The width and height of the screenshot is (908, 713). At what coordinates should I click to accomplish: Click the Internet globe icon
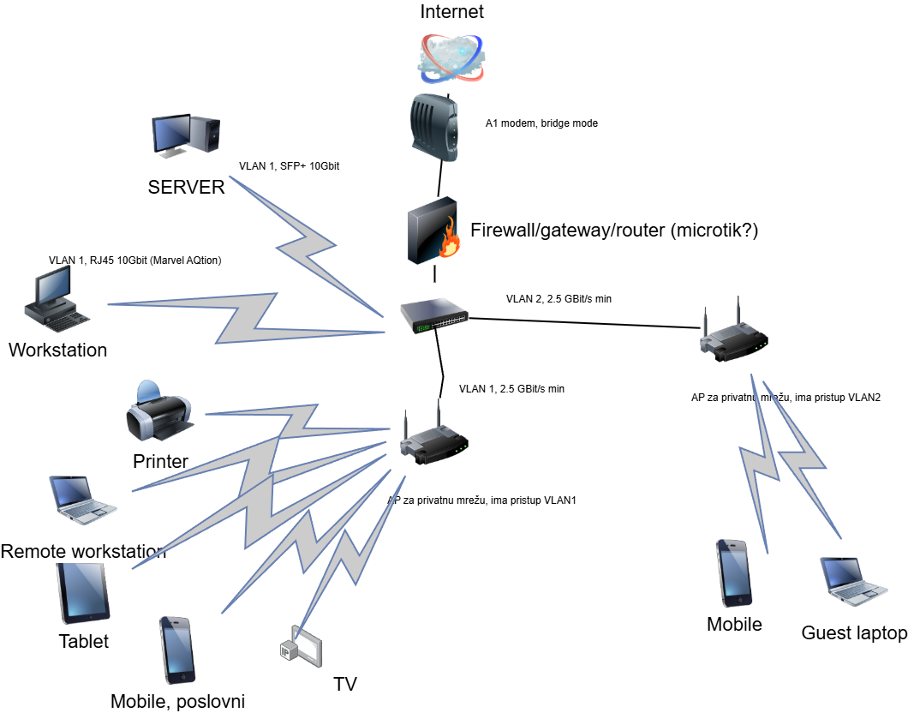coord(451,57)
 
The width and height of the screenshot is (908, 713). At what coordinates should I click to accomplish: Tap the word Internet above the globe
coord(451,11)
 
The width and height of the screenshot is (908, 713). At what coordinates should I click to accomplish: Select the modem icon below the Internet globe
coord(434,128)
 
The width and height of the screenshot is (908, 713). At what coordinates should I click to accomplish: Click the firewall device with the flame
coord(434,230)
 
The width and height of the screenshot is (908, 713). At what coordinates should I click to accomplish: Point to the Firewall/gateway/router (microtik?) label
coord(614,230)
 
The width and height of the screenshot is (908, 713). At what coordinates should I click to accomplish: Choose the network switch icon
coord(434,315)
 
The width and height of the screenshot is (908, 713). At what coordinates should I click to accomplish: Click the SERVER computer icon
coord(186,136)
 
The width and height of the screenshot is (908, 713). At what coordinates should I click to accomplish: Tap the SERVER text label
coord(186,188)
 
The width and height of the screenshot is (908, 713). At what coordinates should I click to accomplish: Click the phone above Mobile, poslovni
coord(176,650)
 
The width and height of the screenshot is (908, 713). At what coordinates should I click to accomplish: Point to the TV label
coord(345,684)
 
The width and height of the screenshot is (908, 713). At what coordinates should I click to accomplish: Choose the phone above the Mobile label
coord(733,573)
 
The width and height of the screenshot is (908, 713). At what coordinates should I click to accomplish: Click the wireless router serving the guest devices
coord(733,335)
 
